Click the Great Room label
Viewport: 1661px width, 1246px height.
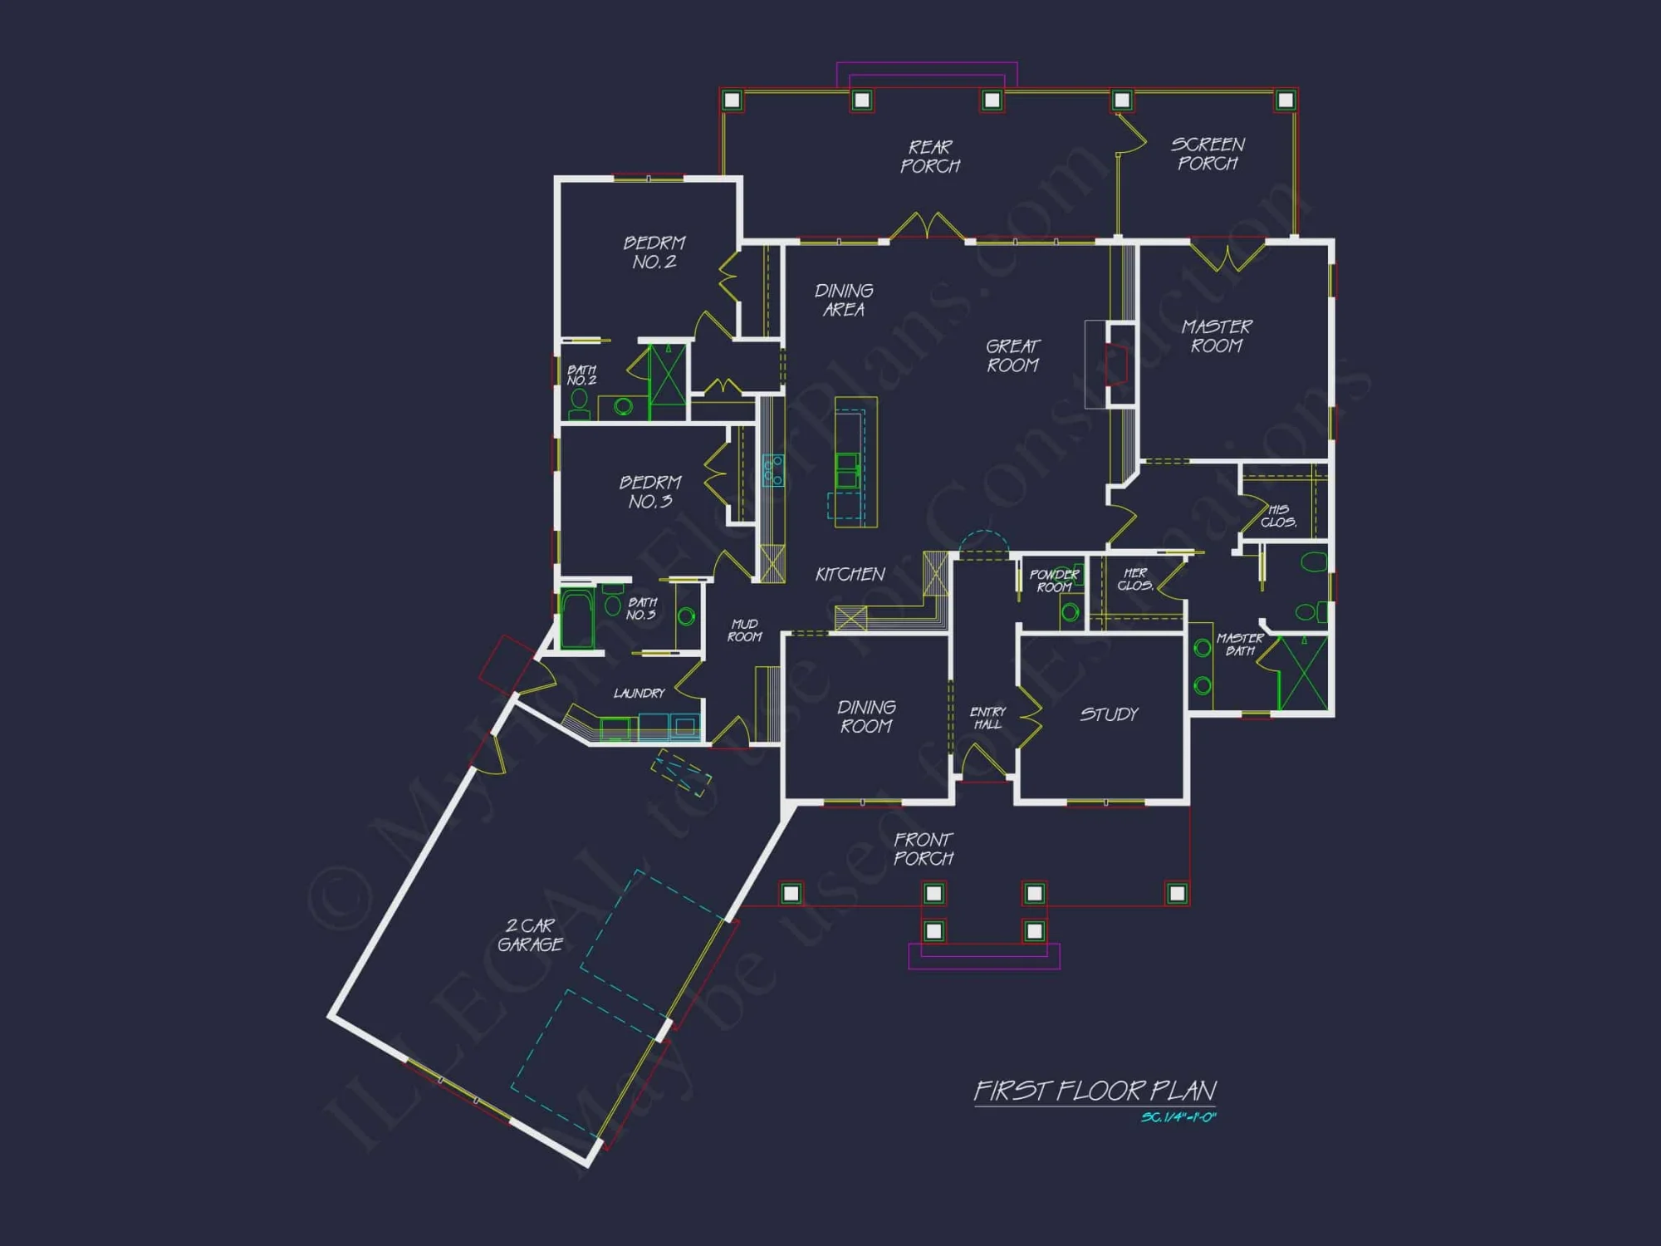click(1012, 356)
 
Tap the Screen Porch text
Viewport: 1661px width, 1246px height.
click(1208, 154)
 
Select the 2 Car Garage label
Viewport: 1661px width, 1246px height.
click(530, 934)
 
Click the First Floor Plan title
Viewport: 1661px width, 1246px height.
click(1095, 1091)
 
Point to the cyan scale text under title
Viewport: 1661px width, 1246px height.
click(1178, 1117)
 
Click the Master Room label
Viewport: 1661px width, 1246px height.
click(1217, 336)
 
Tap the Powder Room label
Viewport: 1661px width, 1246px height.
click(1053, 581)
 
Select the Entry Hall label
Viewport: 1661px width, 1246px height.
click(987, 718)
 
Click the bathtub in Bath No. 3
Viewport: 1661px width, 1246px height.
click(576, 618)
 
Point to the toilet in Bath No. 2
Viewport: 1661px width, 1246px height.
click(579, 403)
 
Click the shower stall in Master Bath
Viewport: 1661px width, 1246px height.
click(1302, 673)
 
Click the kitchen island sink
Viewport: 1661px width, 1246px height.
click(847, 470)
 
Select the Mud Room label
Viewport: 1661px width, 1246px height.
click(744, 630)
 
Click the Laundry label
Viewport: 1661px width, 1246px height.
click(639, 693)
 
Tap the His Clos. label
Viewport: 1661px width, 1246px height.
click(1278, 516)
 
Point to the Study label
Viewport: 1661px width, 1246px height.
click(1109, 714)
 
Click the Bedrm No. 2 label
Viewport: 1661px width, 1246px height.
click(654, 252)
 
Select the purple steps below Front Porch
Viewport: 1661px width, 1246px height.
click(983, 957)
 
